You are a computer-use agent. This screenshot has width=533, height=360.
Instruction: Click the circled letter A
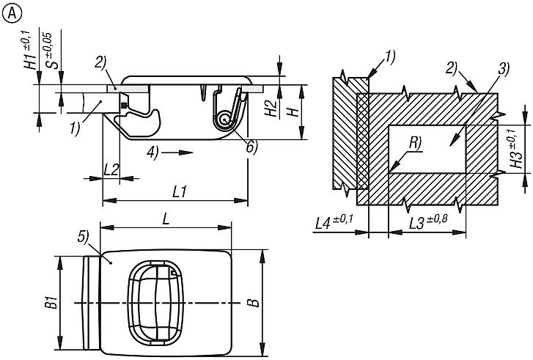(12, 14)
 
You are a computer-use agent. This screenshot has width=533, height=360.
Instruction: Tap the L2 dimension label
(112, 169)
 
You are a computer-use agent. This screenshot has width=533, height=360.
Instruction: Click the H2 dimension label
(272, 108)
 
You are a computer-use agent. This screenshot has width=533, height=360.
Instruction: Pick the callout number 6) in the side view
(252, 147)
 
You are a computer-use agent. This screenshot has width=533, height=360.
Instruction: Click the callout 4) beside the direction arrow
(153, 153)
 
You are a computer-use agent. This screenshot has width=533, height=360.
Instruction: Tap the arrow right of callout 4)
(177, 153)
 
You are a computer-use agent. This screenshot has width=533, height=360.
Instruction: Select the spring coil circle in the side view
(224, 120)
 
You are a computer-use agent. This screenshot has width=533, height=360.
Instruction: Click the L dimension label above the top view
(166, 219)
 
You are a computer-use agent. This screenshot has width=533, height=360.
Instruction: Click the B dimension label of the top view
(254, 303)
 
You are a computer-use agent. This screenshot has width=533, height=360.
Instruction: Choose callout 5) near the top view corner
(83, 237)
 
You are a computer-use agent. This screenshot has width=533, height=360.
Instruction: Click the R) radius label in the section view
(415, 143)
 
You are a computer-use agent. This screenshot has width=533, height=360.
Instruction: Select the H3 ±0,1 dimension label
(515, 148)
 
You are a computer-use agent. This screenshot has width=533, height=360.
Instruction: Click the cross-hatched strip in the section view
(362, 141)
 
